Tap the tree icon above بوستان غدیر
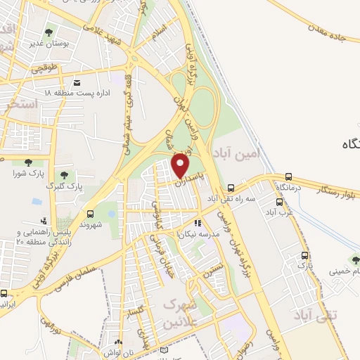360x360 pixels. click(x=49, y=32)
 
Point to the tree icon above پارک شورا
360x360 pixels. click(x=27, y=163)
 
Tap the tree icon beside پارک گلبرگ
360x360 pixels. click(x=64, y=175)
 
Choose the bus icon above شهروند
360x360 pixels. click(x=90, y=213)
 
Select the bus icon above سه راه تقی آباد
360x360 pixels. click(x=231, y=187)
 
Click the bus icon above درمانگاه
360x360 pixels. click(x=289, y=176)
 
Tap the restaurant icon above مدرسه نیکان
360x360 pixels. click(x=198, y=223)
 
